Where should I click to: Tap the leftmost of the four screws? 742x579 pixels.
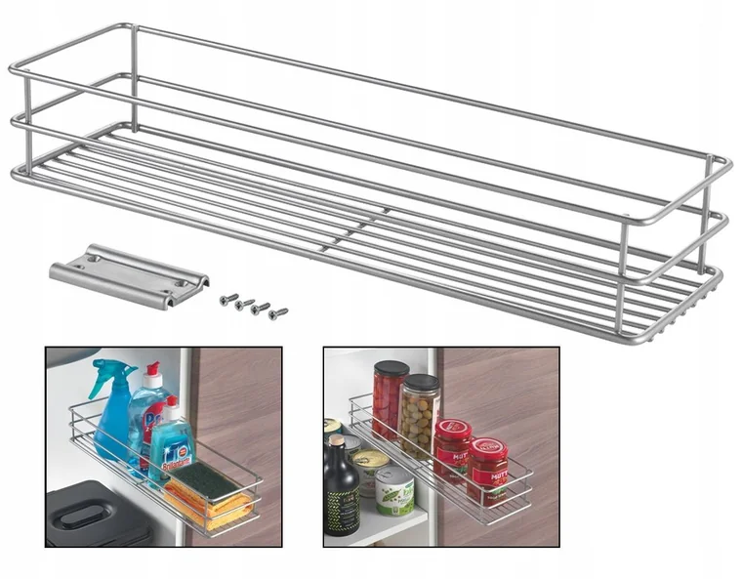(226, 299)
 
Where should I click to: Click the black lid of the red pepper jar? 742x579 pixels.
(391, 369)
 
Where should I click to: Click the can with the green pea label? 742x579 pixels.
(394, 491)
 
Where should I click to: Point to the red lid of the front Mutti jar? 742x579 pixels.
(487, 448)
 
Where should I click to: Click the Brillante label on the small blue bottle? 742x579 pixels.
(174, 453)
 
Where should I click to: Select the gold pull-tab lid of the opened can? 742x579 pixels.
(370, 457)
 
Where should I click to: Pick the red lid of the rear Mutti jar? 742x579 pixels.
(453, 427)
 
